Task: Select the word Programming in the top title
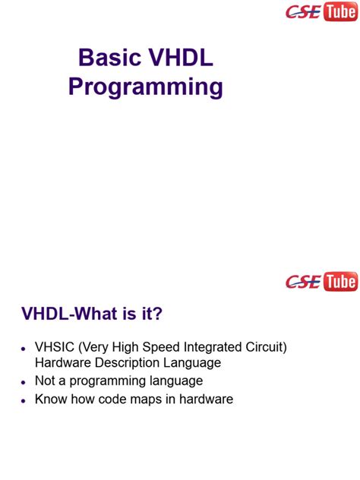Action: pyautogui.click(x=146, y=87)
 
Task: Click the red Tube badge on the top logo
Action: pyautogui.click(x=340, y=11)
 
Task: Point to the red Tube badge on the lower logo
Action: pyautogui.click(x=340, y=282)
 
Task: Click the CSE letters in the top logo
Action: pyautogui.click(x=302, y=12)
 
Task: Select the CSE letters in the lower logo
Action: pyautogui.click(x=302, y=283)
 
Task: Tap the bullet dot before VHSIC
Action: pyautogui.click(x=24, y=349)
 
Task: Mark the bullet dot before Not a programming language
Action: pyautogui.click(x=24, y=382)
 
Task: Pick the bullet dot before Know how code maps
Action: pyautogui.click(x=24, y=400)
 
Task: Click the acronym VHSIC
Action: pyautogui.click(x=54, y=347)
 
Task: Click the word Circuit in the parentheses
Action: pyautogui.click(x=265, y=347)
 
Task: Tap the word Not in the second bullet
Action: pyautogui.click(x=46, y=381)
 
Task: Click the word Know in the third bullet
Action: pyautogui.click(x=51, y=399)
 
